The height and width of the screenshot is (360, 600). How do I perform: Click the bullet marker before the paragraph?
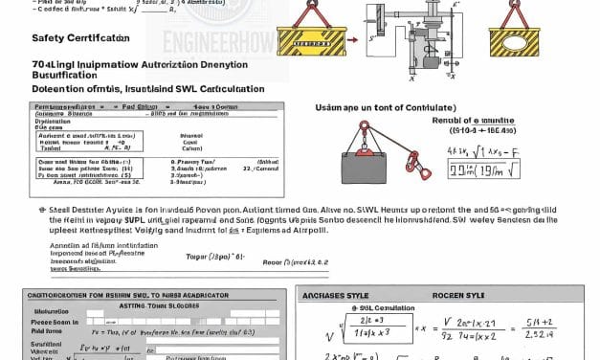[42, 208]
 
